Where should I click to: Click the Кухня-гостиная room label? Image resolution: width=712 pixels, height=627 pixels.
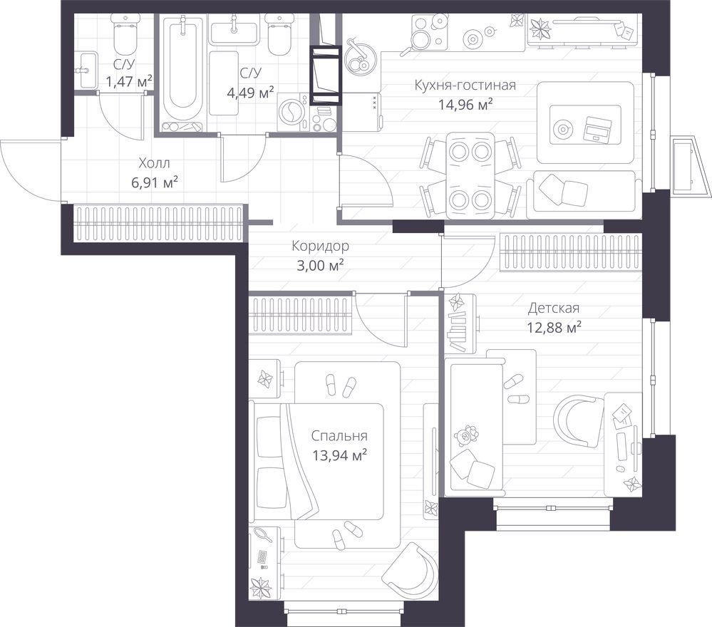pyautogui.click(x=465, y=85)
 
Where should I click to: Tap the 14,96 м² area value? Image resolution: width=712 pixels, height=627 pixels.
pyautogui.click(x=465, y=105)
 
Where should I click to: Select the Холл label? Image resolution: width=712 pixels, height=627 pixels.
pyautogui.click(x=155, y=162)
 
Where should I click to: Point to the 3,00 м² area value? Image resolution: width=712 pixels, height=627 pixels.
pyautogui.click(x=320, y=265)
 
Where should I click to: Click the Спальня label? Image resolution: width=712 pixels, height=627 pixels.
pyautogui.click(x=339, y=436)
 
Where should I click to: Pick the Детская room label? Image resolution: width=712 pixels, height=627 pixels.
pyautogui.click(x=554, y=309)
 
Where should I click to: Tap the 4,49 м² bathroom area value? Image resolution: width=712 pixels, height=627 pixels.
pyautogui.click(x=250, y=93)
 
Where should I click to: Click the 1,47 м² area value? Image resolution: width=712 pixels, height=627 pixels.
pyautogui.click(x=128, y=82)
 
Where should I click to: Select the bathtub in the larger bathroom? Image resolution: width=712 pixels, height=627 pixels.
pyautogui.click(x=182, y=73)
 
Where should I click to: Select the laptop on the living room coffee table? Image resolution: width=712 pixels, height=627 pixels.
pyautogui.click(x=597, y=128)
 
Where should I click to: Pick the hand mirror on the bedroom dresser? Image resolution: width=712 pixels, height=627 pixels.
pyautogui.click(x=263, y=535)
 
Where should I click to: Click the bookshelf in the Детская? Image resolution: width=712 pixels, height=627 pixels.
pyautogui.click(x=460, y=324)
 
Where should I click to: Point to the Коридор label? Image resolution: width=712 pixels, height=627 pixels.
pyautogui.click(x=320, y=246)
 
